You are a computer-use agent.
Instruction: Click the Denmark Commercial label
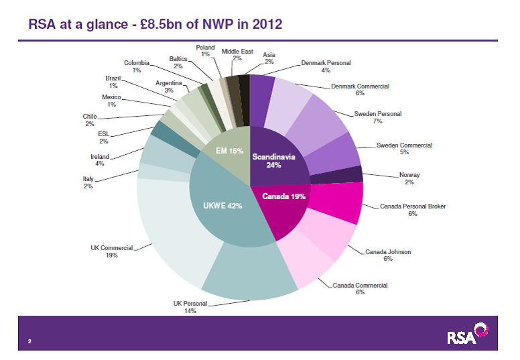[x=360, y=90]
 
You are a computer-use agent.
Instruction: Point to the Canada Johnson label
[x=388, y=255]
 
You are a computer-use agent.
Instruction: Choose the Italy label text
[x=88, y=182]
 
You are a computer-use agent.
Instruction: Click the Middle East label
[x=237, y=55]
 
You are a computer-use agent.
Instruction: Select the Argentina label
[x=169, y=86]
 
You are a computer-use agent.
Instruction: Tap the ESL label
[x=103, y=137]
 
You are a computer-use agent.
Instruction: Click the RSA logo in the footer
[x=467, y=335]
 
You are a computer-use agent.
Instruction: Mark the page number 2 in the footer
[x=30, y=341]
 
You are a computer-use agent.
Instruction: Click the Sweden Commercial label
[x=404, y=149]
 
